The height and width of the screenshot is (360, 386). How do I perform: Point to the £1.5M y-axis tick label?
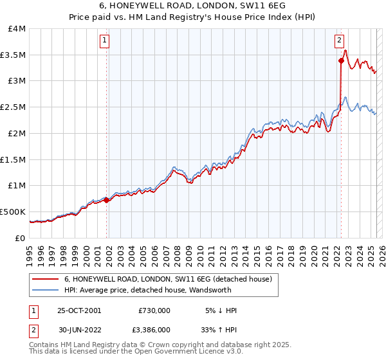(x=13, y=159)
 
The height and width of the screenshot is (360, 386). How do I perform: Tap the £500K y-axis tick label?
(x=13, y=212)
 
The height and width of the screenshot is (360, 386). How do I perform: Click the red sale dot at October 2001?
(x=107, y=199)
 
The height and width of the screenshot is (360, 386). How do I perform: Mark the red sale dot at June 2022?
(x=341, y=61)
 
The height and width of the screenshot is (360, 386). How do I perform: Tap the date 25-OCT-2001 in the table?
(x=79, y=310)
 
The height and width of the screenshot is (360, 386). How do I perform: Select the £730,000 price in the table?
(x=154, y=310)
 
